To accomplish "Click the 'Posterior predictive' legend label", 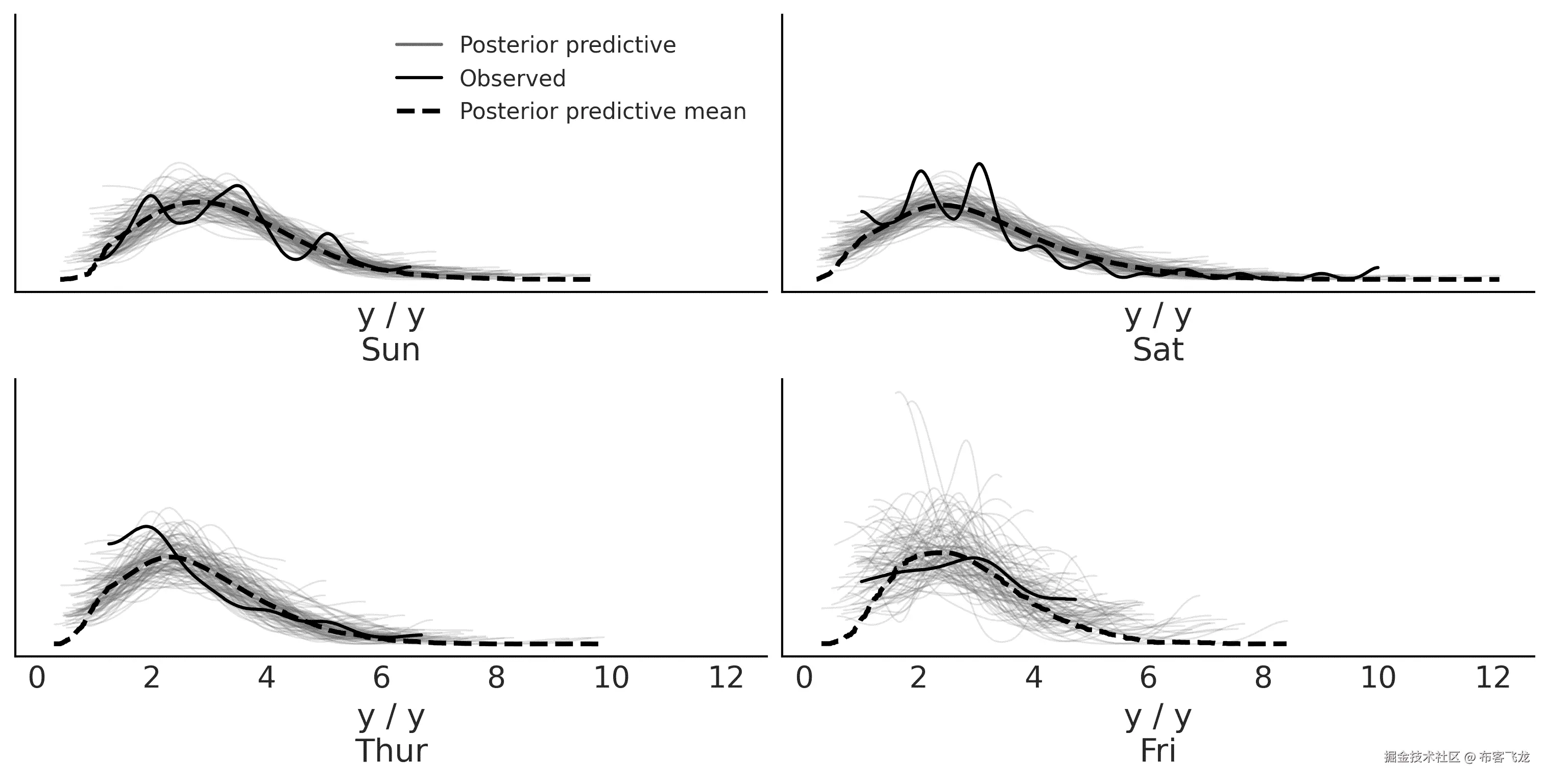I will pos(567,45).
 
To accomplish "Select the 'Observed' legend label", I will pos(512,79).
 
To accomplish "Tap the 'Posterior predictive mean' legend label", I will pos(602,112).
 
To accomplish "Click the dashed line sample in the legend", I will pos(419,112).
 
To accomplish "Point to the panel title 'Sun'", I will pos(390,350).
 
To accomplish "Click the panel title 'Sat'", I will pos(1157,350).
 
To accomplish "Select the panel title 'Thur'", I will pos(391,750).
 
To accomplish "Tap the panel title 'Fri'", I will pos(1157,750).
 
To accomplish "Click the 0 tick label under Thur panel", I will pos(37,678).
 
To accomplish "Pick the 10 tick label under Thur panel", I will pos(611,678).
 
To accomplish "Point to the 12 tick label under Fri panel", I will pos(1493,678).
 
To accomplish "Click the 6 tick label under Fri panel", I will pos(1148,678).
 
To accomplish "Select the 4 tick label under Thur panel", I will pos(267,678).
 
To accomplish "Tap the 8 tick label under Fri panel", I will pos(1263,678).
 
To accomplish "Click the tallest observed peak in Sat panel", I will pos(980,164).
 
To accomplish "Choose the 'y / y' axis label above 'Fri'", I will pos(1157,717).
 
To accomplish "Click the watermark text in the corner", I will pos(1457,756).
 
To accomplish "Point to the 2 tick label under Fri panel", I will pos(918,678).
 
